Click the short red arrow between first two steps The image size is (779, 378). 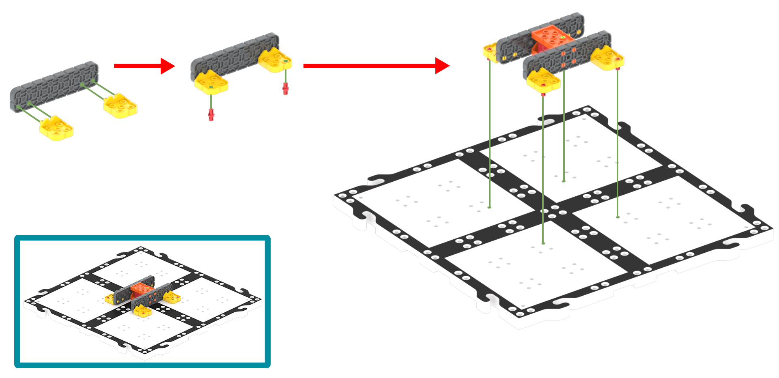tap(144, 65)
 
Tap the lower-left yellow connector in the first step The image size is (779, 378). tap(56, 128)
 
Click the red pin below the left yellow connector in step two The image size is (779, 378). tap(211, 115)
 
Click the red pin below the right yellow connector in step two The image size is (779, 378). tap(286, 88)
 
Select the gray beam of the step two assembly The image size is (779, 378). tap(233, 58)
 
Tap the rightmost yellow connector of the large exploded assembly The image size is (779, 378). tap(607, 58)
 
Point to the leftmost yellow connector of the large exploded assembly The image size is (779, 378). tap(489, 52)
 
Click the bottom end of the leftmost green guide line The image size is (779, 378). tap(489, 208)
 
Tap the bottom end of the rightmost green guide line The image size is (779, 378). tap(618, 217)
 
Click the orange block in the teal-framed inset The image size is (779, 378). tap(142, 289)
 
